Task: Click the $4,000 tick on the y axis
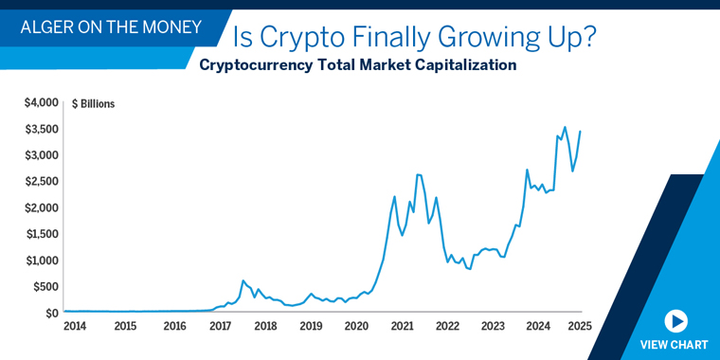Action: tap(42, 102)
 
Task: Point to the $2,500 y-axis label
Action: tap(42, 181)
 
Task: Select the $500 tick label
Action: tap(45, 286)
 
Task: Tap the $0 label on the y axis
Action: tap(51, 313)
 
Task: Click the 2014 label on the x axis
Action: tap(75, 327)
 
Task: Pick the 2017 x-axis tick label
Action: tap(220, 327)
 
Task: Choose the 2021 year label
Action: tap(402, 327)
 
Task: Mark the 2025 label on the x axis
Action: tap(580, 327)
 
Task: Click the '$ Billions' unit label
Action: tap(93, 104)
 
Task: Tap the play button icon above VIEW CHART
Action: tap(675, 321)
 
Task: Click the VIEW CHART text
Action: tap(675, 345)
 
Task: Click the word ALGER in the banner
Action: tap(47, 27)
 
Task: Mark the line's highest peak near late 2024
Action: tap(565, 127)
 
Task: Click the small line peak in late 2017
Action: tap(243, 280)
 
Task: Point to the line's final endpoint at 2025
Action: tap(580, 131)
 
